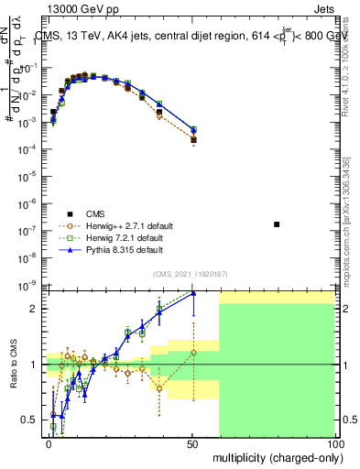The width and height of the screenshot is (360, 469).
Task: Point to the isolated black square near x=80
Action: [x=278, y=224]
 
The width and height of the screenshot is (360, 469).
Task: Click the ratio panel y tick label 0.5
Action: [x=29, y=420]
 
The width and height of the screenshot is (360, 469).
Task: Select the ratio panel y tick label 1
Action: [x=33, y=365]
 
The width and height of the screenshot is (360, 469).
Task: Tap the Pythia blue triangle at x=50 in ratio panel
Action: [x=192, y=293]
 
